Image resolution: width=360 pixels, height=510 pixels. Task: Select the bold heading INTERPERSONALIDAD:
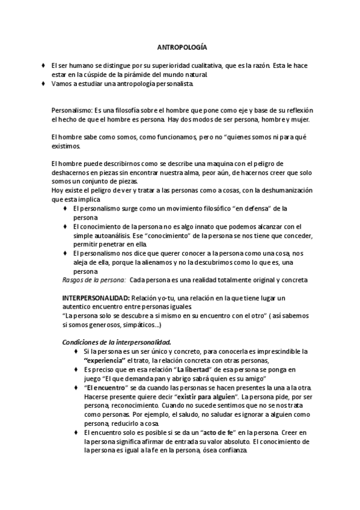click(96, 298)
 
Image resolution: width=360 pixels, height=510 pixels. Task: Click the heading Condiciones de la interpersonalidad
click(117, 342)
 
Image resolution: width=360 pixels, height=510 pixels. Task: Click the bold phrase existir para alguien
click(203, 398)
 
